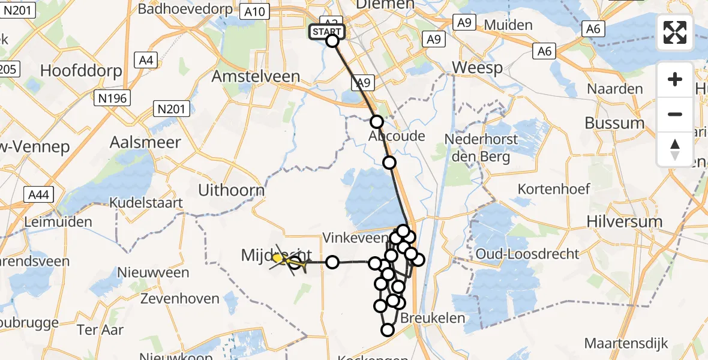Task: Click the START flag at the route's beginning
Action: coord(327,32)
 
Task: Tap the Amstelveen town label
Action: coord(256,76)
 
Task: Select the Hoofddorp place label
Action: coord(81,70)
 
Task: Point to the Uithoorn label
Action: coord(231,190)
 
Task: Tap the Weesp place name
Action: coord(478,67)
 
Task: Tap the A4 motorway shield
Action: coord(146,59)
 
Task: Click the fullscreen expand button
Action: coord(675,32)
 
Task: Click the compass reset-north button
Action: coord(675,149)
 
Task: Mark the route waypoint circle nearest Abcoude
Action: coord(376,122)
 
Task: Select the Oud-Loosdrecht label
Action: coord(527,254)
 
